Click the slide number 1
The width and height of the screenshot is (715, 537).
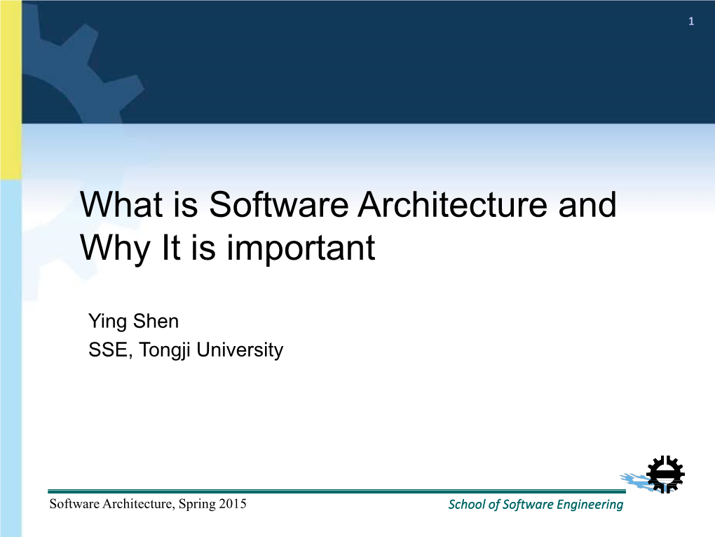point(691,22)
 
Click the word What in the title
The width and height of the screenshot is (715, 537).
point(121,204)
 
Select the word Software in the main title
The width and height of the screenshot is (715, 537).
point(278,204)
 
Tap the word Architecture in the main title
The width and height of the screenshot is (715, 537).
point(452,204)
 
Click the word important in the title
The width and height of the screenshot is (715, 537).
point(301,248)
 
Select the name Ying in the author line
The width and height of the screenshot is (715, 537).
point(108,322)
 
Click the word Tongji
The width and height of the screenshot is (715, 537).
point(165,351)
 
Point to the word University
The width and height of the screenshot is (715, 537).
point(240,351)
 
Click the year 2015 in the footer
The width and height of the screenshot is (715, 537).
point(232,504)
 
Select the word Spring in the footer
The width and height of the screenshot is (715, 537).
point(197,505)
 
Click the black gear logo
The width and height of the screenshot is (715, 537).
point(665,475)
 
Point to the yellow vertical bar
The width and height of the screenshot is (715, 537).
point(11,90)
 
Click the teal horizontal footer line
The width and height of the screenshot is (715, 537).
point(336,491)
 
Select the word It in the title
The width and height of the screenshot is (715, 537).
point(172,248)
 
